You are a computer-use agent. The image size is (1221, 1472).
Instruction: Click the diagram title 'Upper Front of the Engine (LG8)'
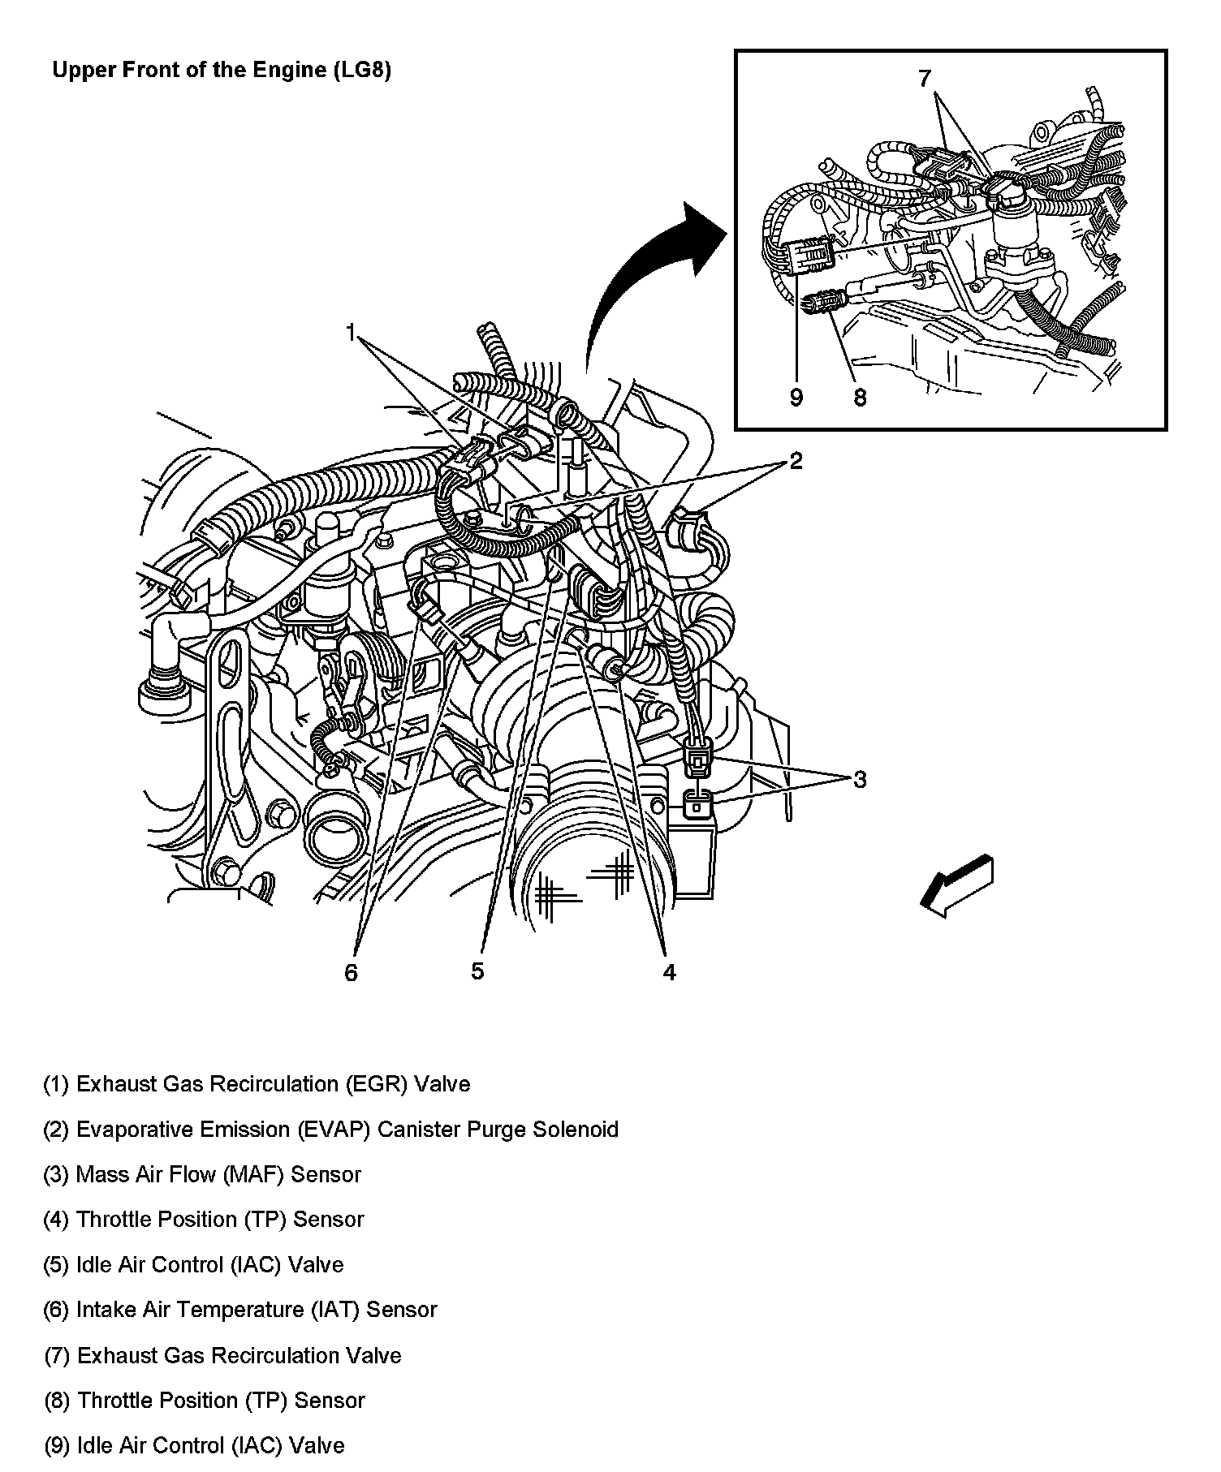pyautogui.click(x=222, y=71)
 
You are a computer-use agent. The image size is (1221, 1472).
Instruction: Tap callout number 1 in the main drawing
pyautogui.click(x=351, y=333)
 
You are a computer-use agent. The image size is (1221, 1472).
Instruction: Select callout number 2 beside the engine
pyautogui.click(x=796, y=461)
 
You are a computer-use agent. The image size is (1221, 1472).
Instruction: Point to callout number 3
pyautogui.click(x=860, y=780)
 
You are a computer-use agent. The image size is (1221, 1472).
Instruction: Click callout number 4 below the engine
pyautogui.click(x=668, y=972)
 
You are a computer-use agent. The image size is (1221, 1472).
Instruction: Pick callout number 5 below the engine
pyautogui.click(x=477, y=971)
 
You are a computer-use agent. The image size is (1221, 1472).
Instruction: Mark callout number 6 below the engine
pyautogui.click(x=351, y=972)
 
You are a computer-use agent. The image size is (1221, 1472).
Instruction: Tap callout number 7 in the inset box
pyautogui.click(x=925, y=79)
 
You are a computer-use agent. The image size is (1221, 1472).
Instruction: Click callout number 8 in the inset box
pyautogui.click(x=860, y=397)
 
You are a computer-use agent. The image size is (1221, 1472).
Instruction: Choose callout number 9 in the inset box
pyautogui.click(x=796, y=397)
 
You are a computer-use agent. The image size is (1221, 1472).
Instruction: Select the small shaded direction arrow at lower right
pyautogui.click(x=958, y=886)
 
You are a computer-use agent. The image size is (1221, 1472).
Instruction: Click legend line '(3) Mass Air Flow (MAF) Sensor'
pyautogui.click(x=202, y=1174)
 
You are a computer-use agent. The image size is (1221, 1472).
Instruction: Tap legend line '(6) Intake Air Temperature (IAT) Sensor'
pyautogui.click(x=240, y=1309)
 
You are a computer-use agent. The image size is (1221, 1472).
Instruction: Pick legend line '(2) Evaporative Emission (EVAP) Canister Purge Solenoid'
pyautogui.click(x=330, y=1130)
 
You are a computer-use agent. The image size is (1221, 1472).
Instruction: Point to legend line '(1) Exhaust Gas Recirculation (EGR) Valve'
pyautogui.click(x=257, y=1084)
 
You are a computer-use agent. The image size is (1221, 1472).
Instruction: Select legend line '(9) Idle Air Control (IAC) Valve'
pyautogui.click(x=194, y=1445)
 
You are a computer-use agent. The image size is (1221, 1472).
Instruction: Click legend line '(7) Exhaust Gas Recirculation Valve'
pyautogui.click(x=222, y=1355)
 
